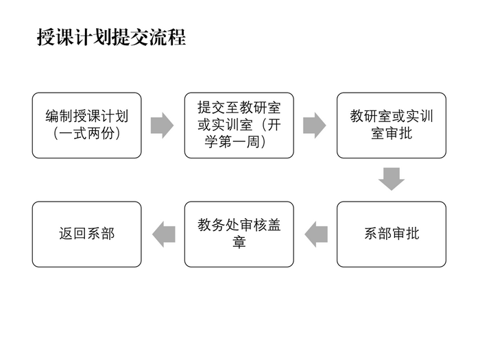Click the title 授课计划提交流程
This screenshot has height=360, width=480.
pos(111,37)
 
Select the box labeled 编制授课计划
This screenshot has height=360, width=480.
pos(87,125)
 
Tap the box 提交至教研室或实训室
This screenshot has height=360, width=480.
pos(239,125)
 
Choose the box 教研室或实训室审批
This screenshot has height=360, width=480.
pos(392,125)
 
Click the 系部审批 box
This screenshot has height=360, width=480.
pos(392,235)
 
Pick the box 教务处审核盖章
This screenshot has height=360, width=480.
pos(239,235)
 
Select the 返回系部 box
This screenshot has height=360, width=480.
pos(87,235)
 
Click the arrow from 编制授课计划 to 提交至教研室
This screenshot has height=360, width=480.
pos(163,125)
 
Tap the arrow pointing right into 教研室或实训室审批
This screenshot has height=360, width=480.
pos(315,125)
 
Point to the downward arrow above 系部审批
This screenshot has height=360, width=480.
pos(392,179)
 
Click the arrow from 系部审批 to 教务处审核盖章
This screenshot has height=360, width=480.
pos(316,235)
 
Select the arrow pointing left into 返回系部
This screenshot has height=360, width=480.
pos(164,235)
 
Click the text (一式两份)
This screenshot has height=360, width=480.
pos(87,134)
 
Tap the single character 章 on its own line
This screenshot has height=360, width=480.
pos(239,242)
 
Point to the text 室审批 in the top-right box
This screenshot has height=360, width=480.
pos(392,134)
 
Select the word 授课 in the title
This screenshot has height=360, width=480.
pos(55,37)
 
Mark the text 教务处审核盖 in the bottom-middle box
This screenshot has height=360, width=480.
pos(239,226)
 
